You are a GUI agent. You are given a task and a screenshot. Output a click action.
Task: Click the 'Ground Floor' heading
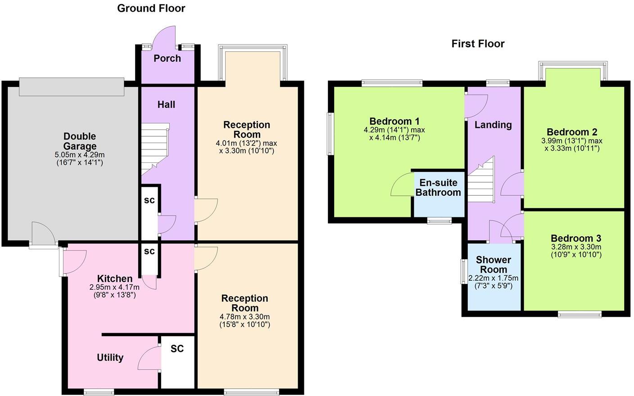pos(151,8)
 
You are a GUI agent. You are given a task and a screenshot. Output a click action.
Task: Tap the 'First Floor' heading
pos(478,44)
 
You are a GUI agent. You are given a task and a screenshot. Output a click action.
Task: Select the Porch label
pos(167,58)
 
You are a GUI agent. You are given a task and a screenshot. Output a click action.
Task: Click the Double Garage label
pos(80,141)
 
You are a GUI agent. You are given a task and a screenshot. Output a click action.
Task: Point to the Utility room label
pos(110,358)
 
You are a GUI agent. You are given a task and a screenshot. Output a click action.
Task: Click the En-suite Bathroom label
pos(438,188)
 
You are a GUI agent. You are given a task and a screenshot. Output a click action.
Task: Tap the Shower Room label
pos(494,265)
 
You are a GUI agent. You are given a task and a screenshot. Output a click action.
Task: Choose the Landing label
pos(493,125)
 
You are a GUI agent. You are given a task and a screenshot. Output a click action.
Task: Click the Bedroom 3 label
pos(576,238)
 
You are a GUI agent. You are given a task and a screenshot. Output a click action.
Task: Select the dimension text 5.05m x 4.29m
pos(80,155)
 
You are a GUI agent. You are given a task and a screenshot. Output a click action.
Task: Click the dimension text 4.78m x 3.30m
pos(245,317)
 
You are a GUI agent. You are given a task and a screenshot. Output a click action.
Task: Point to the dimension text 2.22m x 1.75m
pos(494,278)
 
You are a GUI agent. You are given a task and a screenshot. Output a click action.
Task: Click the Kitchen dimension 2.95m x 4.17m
pos(114,287)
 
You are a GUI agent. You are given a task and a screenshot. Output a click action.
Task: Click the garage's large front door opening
pos(71,86)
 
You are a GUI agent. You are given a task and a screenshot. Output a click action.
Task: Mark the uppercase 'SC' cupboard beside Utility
pos(177,349)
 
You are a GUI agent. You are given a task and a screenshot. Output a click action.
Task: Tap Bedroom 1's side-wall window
pos(330,134)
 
